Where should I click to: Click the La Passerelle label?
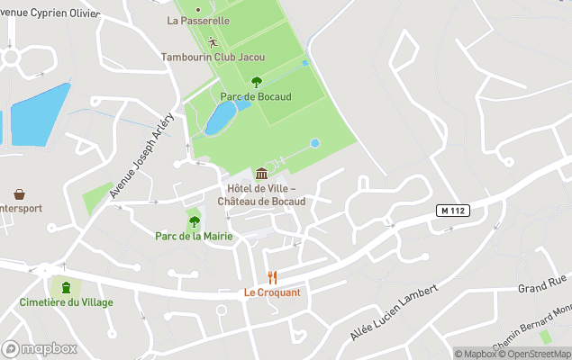click(198, 20)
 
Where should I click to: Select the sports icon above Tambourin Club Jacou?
click(213, 41)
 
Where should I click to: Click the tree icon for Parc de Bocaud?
click(257, 82)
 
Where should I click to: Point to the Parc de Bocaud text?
click(256, 97)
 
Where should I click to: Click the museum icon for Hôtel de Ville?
click(261, 173)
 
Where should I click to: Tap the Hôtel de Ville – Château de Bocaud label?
click(261, 194)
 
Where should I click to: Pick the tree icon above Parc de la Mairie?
click(194, 221)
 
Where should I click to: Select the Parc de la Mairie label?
click(194, 236)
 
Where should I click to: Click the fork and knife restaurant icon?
click(272, 277)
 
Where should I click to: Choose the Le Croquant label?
click(272, 292)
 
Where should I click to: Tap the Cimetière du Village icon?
click(66, 287)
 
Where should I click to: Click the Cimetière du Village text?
click(67, 302)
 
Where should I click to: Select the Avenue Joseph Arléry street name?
click(141, 157)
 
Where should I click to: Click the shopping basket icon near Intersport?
click(19, 193)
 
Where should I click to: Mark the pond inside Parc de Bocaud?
click(219, 118)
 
